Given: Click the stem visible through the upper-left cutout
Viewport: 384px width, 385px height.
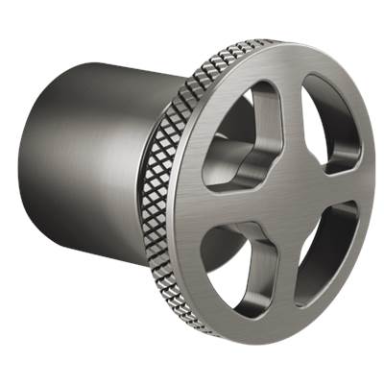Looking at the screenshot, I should coord(235,158).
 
